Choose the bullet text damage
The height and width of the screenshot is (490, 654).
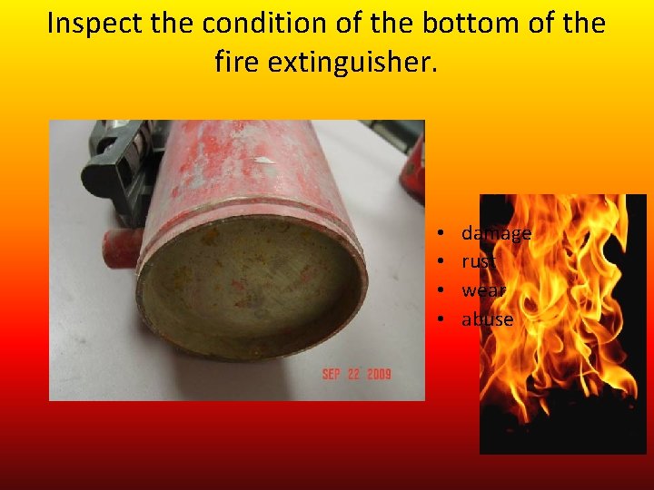pyautogui.click(x=496, y=233)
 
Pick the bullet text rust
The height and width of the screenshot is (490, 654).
pyautogui.click(x=479, y=261)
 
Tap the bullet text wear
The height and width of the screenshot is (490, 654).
pyautogui.click(x=483, y=290)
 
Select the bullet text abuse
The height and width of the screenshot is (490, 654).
pyautogui.click(x=487, y=318)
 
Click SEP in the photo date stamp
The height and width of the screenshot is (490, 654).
pyautogui.click(x=333, y=375)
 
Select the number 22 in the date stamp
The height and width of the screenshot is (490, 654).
pyautogui.click(x=353, y=375)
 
